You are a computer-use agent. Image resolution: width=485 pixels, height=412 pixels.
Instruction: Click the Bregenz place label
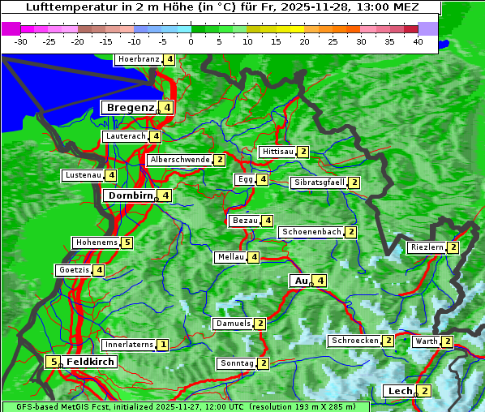129,108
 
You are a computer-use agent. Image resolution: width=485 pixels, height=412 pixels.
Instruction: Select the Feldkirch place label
90,362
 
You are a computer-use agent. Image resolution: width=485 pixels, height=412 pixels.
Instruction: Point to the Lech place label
399,391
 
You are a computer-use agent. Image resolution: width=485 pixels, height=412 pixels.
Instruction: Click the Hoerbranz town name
139,59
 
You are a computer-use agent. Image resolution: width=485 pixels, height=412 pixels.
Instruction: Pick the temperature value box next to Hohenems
127,242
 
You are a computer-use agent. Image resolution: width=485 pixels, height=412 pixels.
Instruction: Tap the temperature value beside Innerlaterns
162,345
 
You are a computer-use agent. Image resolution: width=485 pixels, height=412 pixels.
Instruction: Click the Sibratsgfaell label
319,182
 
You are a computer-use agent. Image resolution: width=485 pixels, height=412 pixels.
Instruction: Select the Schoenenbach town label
311,232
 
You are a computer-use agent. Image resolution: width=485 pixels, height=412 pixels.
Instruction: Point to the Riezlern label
427,247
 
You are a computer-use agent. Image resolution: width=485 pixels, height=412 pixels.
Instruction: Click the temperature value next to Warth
447,341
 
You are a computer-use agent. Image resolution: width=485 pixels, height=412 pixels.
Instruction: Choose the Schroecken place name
354,341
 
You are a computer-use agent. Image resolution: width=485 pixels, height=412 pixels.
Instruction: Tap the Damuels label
233,324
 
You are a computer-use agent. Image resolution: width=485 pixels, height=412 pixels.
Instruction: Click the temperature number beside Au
321,281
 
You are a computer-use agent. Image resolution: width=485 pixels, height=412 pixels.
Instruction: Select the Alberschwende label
180,160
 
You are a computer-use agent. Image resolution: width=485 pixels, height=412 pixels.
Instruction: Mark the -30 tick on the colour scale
21,41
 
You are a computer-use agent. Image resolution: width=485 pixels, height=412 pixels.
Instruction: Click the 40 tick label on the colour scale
418,41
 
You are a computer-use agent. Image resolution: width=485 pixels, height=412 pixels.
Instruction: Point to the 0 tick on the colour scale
191,41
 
